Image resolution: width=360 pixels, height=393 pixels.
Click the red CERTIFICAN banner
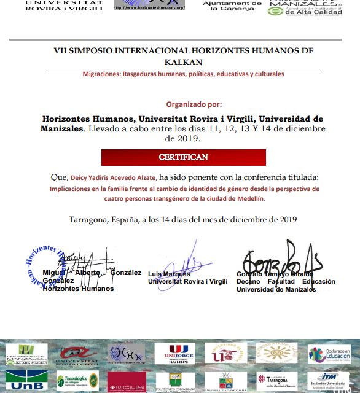pyautogui.click(x=183, y=157)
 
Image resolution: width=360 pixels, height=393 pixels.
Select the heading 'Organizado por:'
pyautogui.click(x=194, y=104)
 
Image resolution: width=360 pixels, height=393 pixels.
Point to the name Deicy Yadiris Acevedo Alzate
pyautogui.click(x=114, y=177)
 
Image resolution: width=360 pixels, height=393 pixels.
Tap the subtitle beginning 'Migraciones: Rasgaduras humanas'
pyautogui.click(x=183, y=74)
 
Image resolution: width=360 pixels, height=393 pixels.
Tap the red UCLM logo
pyautogui.click(x=127, y=381)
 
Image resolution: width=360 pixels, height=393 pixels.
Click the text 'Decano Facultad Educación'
pyautogui.click(x=286, y=281)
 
